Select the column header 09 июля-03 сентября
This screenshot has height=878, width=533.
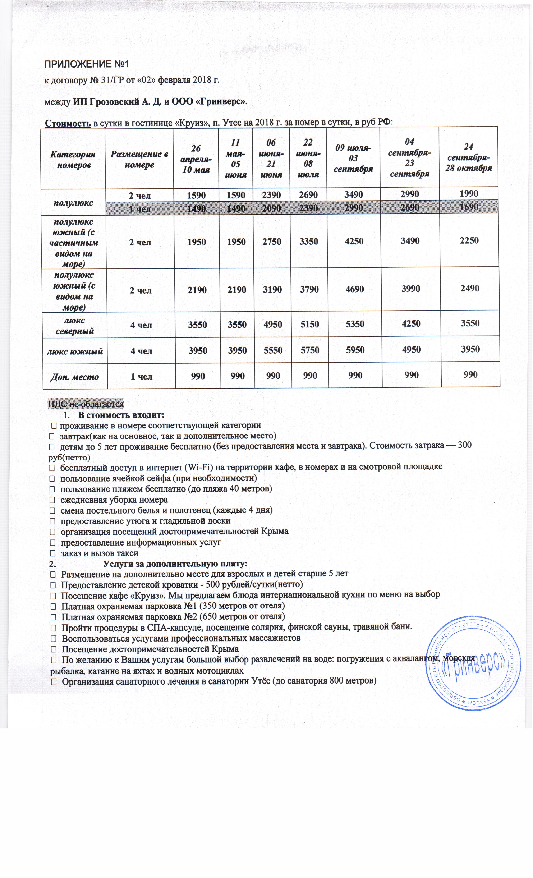(353, 158)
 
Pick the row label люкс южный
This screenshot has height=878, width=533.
(75, 351)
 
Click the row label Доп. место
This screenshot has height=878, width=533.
(74, 377)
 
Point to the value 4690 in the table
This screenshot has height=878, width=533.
(354, 289)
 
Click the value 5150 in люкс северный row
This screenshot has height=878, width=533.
(309, 325)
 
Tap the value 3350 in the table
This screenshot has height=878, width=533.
(309, 242)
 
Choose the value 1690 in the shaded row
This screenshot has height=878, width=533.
(469, 207)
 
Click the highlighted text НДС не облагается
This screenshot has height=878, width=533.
(86, 404)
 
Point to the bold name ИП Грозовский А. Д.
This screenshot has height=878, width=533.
(117, 102)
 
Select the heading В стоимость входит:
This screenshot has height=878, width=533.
(121, 415)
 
